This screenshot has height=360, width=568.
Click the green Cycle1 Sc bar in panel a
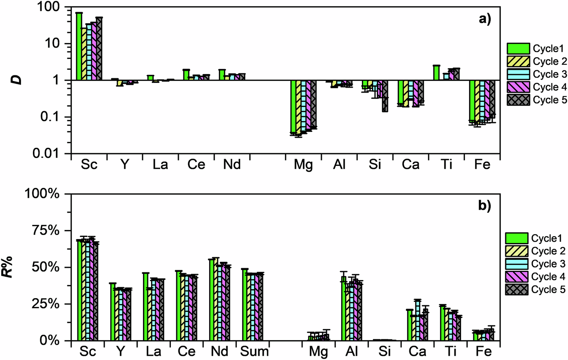pos(79,46)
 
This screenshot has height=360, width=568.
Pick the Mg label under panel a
pos(304,165)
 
